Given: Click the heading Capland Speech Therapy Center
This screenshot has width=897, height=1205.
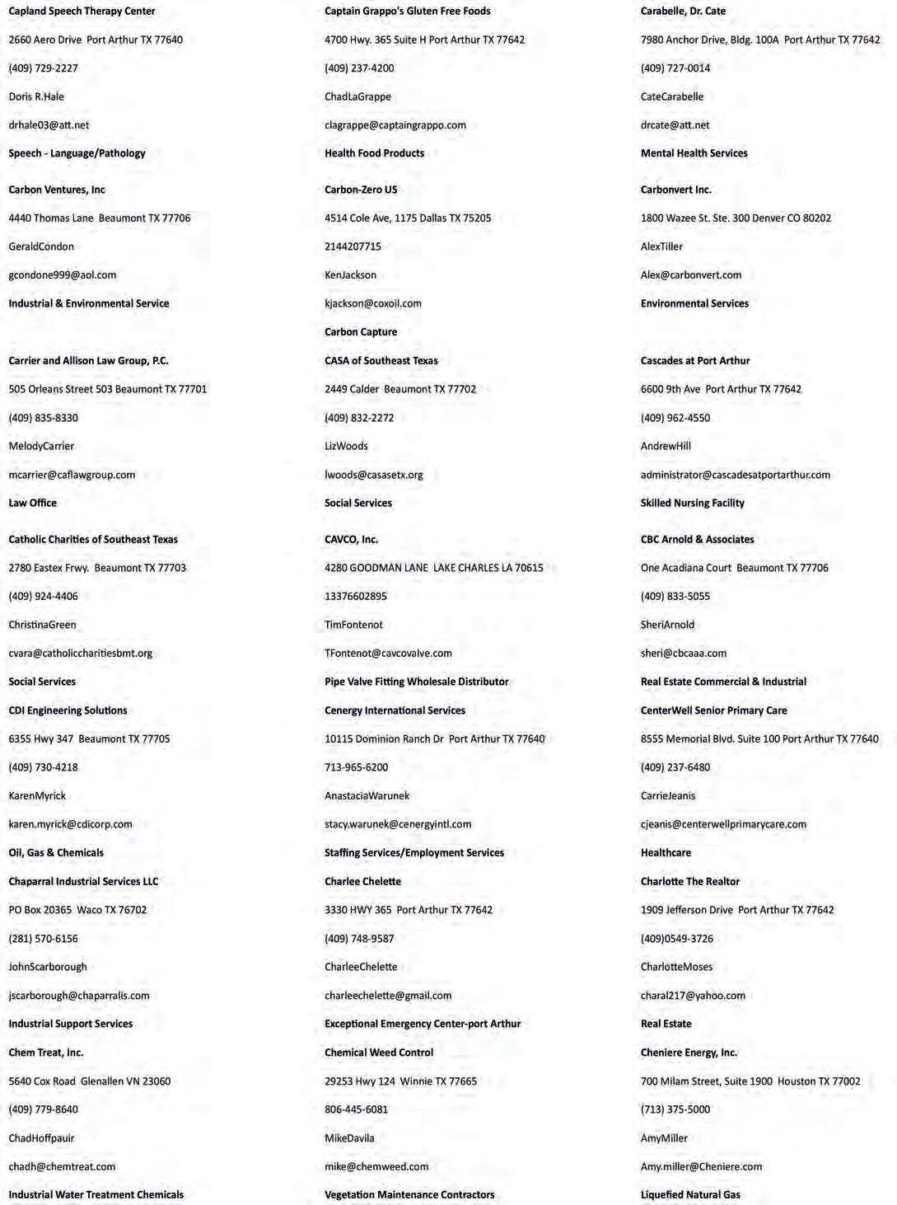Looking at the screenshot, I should coord(82,12).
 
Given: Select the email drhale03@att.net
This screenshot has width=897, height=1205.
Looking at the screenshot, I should coord(49,125).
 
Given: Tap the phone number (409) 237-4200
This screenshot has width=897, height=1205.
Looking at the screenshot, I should coord(359,68).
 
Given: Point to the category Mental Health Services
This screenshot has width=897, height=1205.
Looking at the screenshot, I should coord(694,153).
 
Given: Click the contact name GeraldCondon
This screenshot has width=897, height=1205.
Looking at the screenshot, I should coord(41,246).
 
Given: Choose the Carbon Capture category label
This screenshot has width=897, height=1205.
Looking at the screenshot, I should coord(361,332).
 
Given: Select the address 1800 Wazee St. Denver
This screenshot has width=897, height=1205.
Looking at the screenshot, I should coord(736,218).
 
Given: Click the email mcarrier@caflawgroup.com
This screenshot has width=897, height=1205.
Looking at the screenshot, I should coord(72,475).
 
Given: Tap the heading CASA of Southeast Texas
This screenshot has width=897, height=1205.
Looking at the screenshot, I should coord(381,361).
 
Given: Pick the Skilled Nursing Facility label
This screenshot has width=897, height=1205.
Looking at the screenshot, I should coord(692,503).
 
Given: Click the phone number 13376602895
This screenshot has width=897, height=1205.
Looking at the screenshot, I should coord(355,597).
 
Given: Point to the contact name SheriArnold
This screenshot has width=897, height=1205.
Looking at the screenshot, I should coord(667,625).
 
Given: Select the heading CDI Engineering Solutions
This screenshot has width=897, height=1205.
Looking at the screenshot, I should coord(68,710).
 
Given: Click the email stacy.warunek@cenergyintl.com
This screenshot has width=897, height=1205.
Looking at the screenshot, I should coord(398,824).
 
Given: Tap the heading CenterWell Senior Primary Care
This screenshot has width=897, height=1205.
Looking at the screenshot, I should coord(713,710).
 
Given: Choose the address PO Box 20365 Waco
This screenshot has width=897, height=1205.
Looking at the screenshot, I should coord(77,910).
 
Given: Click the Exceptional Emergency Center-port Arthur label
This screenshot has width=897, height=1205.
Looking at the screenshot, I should coord(423,1024).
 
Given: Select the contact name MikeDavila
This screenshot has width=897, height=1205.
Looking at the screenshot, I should coord(349,1138).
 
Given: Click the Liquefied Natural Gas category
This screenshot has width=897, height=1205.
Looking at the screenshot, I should coord(690,1195).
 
